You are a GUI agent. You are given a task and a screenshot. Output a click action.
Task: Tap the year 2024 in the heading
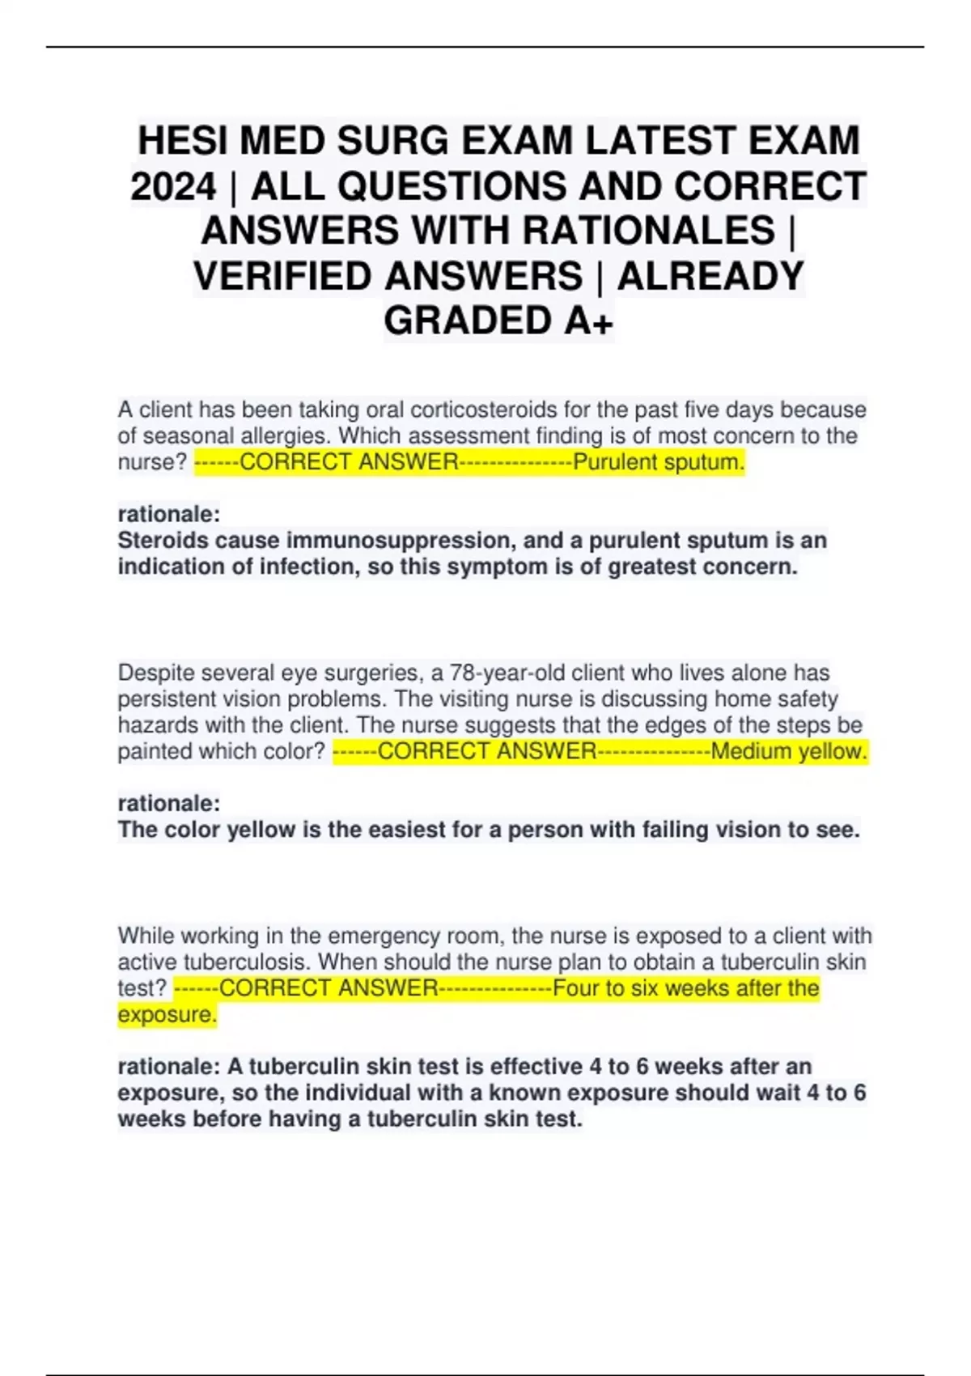pyautogui.click(x=173, y=186)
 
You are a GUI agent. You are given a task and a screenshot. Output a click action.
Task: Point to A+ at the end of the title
pyautogui.click(x=588, y=321)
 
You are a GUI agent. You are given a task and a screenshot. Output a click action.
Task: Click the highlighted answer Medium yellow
pyautogui.click(x=789, y=751)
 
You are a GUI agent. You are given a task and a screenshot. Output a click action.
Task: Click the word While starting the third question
pyautogui.click(x=146, y=936)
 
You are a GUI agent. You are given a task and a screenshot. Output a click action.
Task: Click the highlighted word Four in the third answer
pyautogui.click(x=577, y=988)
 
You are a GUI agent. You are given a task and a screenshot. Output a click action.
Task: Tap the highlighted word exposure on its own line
pyautogui.click(x=167, y=1014)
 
